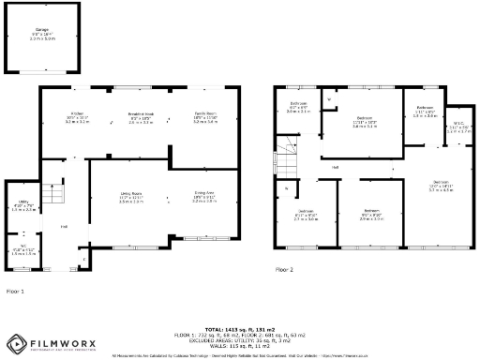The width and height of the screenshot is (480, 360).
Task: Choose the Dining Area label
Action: tap(204, 196)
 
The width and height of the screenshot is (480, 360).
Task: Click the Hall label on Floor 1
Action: tap(64, 227)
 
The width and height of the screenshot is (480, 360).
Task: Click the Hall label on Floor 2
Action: tap(335, 167)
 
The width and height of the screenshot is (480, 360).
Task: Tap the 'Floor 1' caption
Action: tap(16, 292)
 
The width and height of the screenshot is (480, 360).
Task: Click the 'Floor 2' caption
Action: tap(284, 269)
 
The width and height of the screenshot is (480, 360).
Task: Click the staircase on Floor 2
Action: tap(285, 156)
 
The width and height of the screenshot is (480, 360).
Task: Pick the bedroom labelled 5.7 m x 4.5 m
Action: tap(440, 186)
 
